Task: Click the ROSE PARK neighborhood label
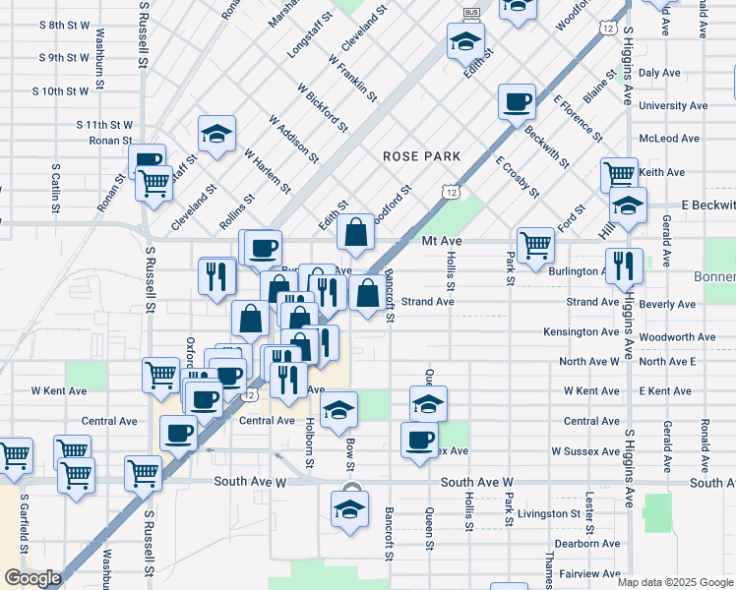422,156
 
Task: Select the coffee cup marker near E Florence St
516,102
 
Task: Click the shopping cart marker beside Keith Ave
619,175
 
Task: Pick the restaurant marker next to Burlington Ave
624,265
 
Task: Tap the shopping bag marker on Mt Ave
355,233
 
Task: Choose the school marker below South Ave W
348,509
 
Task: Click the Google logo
32,578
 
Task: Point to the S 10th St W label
60,91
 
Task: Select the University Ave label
673,106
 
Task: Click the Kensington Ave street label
581,332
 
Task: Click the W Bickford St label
322,106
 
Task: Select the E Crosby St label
518,175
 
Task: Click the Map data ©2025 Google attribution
674,582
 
